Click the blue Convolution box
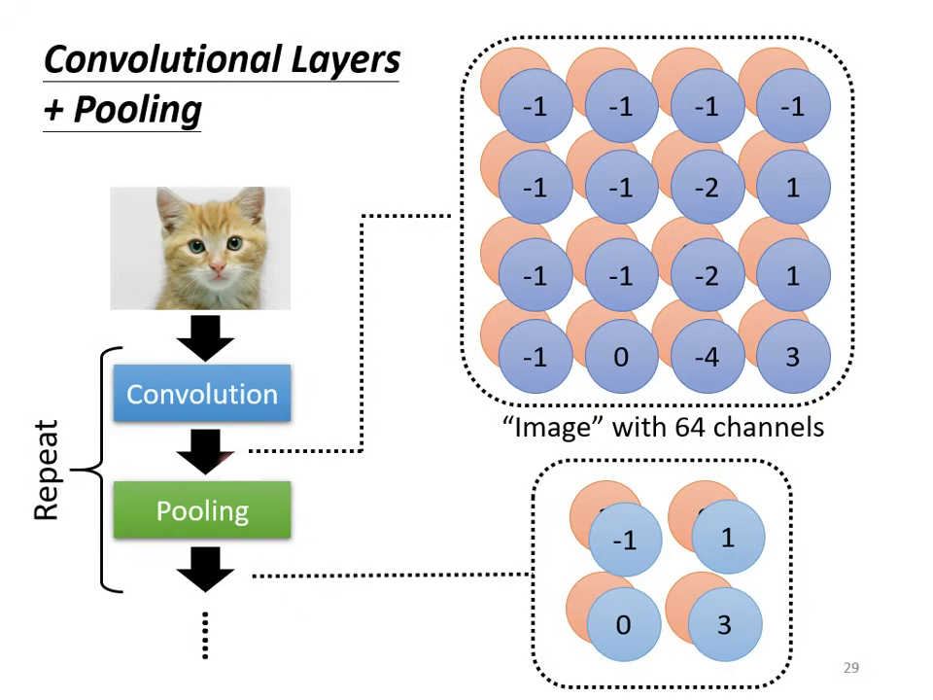(202, 394)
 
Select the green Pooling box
(202, 509)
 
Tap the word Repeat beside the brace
(47, 471)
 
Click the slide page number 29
(850, 668)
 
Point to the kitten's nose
(216, 264)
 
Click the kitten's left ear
(171, 206)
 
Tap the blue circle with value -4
(707, 357)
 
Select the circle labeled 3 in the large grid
(792, 357)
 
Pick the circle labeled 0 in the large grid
(621, 357)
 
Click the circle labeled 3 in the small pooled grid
(725, 624)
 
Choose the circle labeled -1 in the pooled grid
(625, 541)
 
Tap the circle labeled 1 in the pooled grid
(728, 536)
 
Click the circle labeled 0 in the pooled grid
(624, 624)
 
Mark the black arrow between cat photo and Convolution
(205, 337)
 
